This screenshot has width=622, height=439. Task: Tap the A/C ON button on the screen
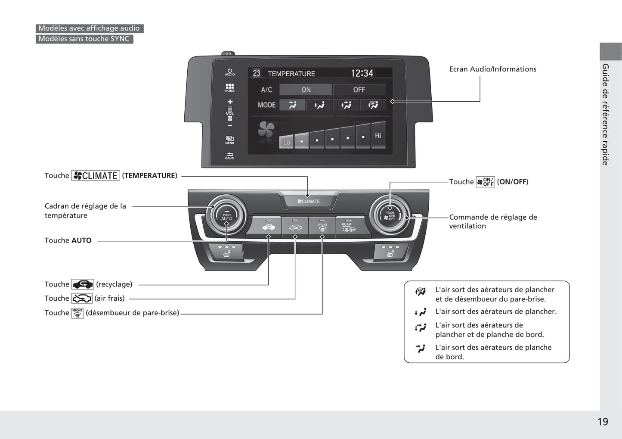tap(306, 90)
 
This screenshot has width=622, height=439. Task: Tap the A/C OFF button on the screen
tap(359, 90)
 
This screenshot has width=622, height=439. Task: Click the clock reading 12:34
tap(362, 73)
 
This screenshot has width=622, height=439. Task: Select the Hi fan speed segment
tap(378, 135)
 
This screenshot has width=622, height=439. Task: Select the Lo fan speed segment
tap(286, 142)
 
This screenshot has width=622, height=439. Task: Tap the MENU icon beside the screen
tap(229, 140)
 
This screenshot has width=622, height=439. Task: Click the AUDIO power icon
tap(229, 72)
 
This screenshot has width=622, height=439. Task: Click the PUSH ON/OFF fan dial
tap(390, 215)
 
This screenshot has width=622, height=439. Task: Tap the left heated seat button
tap(226, 252)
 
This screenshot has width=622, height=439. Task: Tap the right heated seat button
tap(391, 252)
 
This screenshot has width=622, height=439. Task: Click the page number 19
tap(603, 422)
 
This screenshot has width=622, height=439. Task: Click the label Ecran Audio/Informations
tap(492, 69)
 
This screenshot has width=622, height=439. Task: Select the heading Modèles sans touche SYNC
tap(84, 39)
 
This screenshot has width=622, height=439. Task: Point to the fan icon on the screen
tap(266, 129)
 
